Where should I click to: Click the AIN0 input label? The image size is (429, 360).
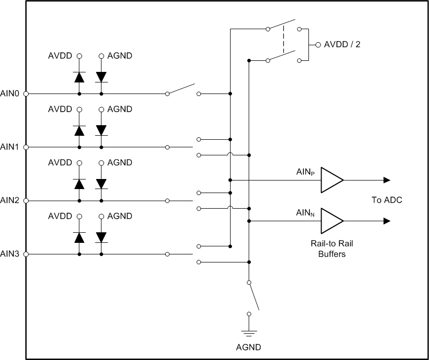[10, 94]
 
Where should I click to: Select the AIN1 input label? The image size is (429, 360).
[10, 147]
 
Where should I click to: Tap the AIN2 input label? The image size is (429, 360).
[10, 201]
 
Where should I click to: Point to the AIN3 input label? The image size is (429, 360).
[10, 254]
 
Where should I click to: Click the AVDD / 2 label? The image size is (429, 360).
[342, 44]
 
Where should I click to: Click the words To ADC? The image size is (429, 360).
[386, 200]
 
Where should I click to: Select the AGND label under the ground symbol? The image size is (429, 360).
[249, 347]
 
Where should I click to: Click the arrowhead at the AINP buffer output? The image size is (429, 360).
[387, 180]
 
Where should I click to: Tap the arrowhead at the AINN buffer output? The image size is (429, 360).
[387, 221]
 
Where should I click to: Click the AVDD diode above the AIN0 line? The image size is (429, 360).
[79, 77]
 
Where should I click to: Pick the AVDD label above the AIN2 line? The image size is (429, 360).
[61, 163]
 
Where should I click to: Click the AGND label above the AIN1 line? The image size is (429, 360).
[120, 109]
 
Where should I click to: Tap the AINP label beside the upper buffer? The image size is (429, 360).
[305, 172]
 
